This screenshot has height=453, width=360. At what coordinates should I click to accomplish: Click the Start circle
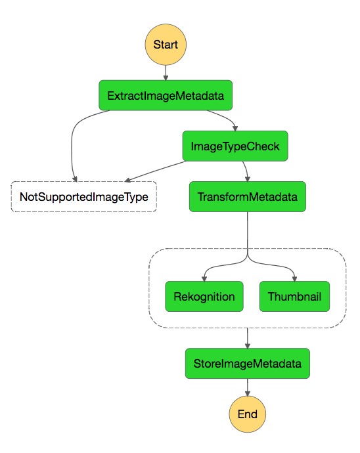click(166, 45)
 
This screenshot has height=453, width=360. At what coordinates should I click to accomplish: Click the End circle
click(247, 414)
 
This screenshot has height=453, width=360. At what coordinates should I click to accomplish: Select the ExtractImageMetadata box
click(166, 95)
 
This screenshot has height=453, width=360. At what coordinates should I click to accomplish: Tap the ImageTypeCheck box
click(235, 146)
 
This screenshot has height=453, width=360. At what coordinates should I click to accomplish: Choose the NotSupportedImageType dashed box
click(83, 196)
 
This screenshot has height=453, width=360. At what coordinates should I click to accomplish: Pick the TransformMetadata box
click(248, 196)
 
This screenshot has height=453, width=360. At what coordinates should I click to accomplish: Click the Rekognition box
click(204, 296)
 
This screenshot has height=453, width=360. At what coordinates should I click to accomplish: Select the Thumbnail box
click(294, 296)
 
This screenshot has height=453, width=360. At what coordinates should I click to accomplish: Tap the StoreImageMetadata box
click(247, 363)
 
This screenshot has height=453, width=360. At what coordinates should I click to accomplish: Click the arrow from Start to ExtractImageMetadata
click(166, 72)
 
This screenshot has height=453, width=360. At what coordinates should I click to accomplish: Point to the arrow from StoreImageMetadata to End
click(247, 387)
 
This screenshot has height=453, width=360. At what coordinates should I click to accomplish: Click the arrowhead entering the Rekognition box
click(204, 278)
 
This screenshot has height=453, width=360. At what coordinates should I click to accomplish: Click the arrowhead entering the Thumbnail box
click(294, 278)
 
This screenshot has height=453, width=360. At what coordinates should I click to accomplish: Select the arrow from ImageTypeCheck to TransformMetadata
click(246, 171)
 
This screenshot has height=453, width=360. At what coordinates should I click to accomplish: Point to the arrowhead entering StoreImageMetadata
click(247, 345)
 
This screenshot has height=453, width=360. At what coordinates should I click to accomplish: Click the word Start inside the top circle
click(166, 45)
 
